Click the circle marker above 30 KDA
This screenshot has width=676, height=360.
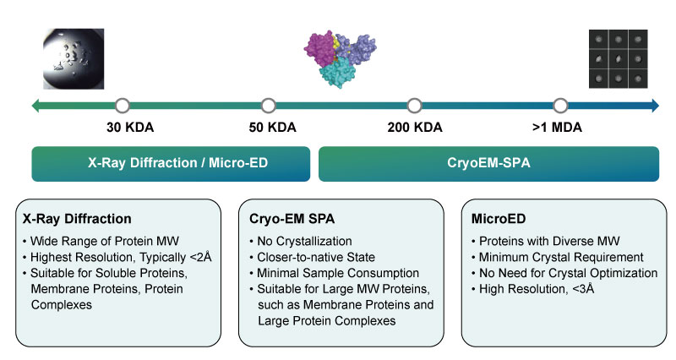[x=123, y=106]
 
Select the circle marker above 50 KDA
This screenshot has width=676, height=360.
[x=268, y=106]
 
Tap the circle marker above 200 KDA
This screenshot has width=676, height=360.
[x=414, y=106]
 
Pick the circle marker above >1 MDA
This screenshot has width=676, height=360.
[x=560, y=106]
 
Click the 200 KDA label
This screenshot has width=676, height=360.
[x=415, y=128]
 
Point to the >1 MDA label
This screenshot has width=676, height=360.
[x=557, y=128]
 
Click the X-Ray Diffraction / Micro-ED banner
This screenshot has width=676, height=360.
[x=171, y=164]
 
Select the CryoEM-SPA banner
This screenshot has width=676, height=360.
[x=489, y=164]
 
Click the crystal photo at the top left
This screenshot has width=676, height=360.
[x=74, y=59]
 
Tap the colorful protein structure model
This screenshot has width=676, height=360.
[x=341, y=59]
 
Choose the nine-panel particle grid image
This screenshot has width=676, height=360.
[x=619, y=59]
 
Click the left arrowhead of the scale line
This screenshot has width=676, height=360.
[x=35, y=106]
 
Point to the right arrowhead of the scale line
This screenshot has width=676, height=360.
[x=656, y=106]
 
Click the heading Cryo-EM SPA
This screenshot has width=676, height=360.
[x=292, y=219]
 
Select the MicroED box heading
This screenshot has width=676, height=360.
[x=499, y=219]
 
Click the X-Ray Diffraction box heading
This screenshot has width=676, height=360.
[x=77, y=219]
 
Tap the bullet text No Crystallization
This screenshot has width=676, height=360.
[x=304, y=241]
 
